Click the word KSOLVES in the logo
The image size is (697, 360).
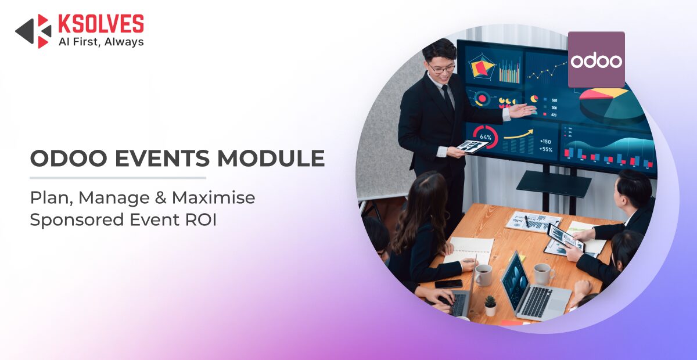coord(101,24)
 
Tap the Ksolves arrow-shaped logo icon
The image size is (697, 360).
coord(33,31)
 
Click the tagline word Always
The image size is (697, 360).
coord(124,42)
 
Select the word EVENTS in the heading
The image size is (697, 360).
coord(162,158)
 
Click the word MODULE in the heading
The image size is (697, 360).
coord(271,158)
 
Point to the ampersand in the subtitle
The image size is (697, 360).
coord(160,198)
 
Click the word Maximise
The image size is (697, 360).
coord(214,197)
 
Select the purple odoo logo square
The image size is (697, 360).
coord(596,59)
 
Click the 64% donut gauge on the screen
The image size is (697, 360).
coord(485,136)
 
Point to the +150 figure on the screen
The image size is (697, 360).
coord(545,142)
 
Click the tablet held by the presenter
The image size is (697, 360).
coord(471,146)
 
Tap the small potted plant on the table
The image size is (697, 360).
coord(490,306)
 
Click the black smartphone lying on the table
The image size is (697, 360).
coord(448,284)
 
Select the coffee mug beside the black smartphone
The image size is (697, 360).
coord(483,275)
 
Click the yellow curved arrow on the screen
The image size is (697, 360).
coord(518,134)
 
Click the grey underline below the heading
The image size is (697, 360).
coord(118,178)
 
